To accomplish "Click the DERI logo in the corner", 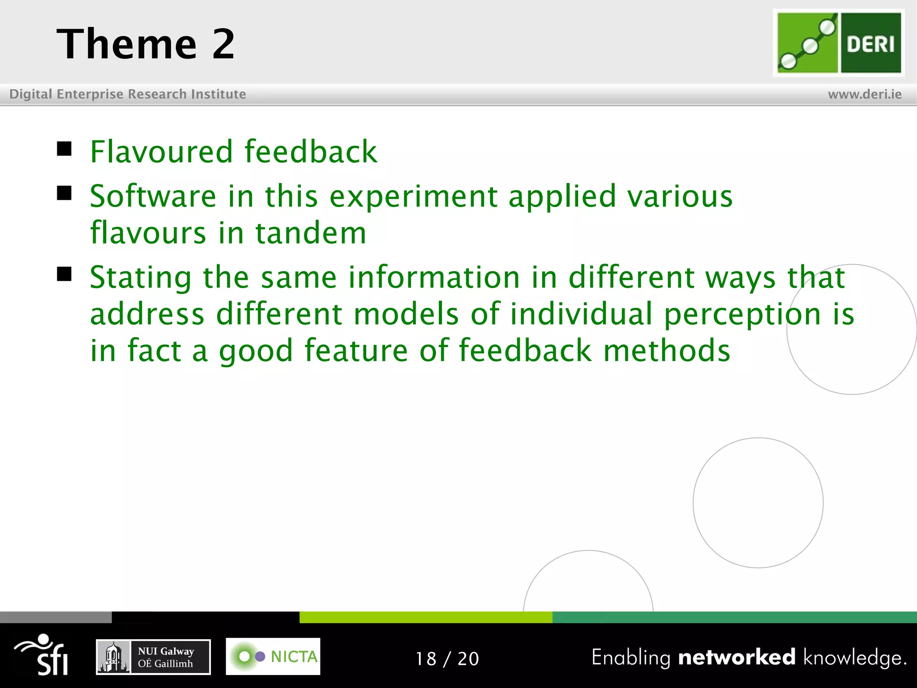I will [x=839, y=43].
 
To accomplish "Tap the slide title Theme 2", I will [x=146, y=44].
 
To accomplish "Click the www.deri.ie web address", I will [x=865, y=94].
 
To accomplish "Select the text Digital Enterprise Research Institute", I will [x=128, y=94].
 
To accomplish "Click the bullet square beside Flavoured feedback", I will [x=64, y=148].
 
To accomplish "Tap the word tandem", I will [x=311, y=233].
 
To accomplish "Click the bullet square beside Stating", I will [x=64, y=274].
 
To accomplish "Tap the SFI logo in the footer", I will [x=43, y=655].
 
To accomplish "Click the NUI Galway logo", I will [x=153, y=657].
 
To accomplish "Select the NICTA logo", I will [x=273, y=656].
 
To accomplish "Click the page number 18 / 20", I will [x=447, y=658].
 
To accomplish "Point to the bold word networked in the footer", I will [x=737, y=657].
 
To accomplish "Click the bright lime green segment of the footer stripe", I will [x=425, y=617].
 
